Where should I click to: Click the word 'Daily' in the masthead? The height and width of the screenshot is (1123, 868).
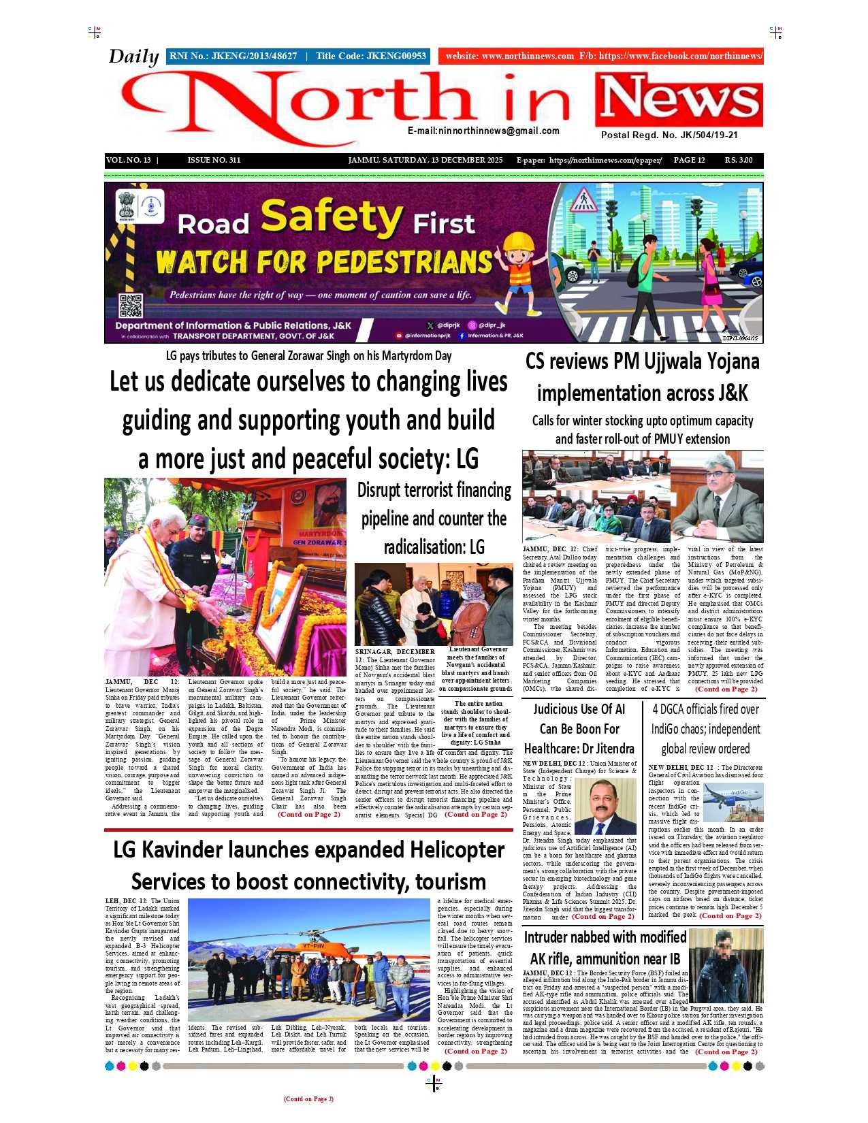(133, 56)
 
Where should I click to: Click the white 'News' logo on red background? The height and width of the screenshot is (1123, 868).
(679, 101)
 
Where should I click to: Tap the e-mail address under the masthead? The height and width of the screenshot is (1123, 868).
(483, 131)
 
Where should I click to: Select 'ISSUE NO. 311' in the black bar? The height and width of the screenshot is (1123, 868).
(214, 161)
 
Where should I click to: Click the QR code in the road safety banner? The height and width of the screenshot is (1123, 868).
(131, 306)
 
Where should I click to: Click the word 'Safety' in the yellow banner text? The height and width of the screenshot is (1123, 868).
(332, 216)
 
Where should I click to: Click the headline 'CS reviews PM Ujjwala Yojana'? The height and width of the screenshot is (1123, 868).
(642, 361)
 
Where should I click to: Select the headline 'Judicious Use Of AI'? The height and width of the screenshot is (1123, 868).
(579, 709)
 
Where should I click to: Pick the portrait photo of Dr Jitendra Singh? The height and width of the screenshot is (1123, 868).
(605, 807)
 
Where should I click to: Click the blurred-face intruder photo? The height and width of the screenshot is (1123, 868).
(725, 965)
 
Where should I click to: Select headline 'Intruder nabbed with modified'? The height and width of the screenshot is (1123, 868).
(605, 938)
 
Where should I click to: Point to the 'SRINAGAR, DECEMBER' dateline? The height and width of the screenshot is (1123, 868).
(394, 652)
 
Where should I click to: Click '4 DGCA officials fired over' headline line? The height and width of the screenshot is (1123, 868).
(705, 709)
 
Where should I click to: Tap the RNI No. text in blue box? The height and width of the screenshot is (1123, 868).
(233, 56)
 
